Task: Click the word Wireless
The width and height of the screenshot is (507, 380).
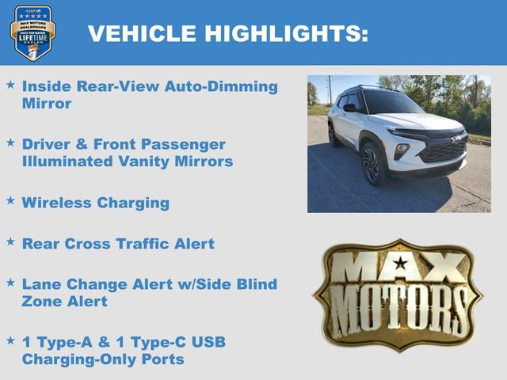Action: [x=56, y=203]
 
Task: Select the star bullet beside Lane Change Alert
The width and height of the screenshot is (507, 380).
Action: [x=10, y=283]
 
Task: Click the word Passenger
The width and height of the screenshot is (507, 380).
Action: [x=186, y=145]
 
